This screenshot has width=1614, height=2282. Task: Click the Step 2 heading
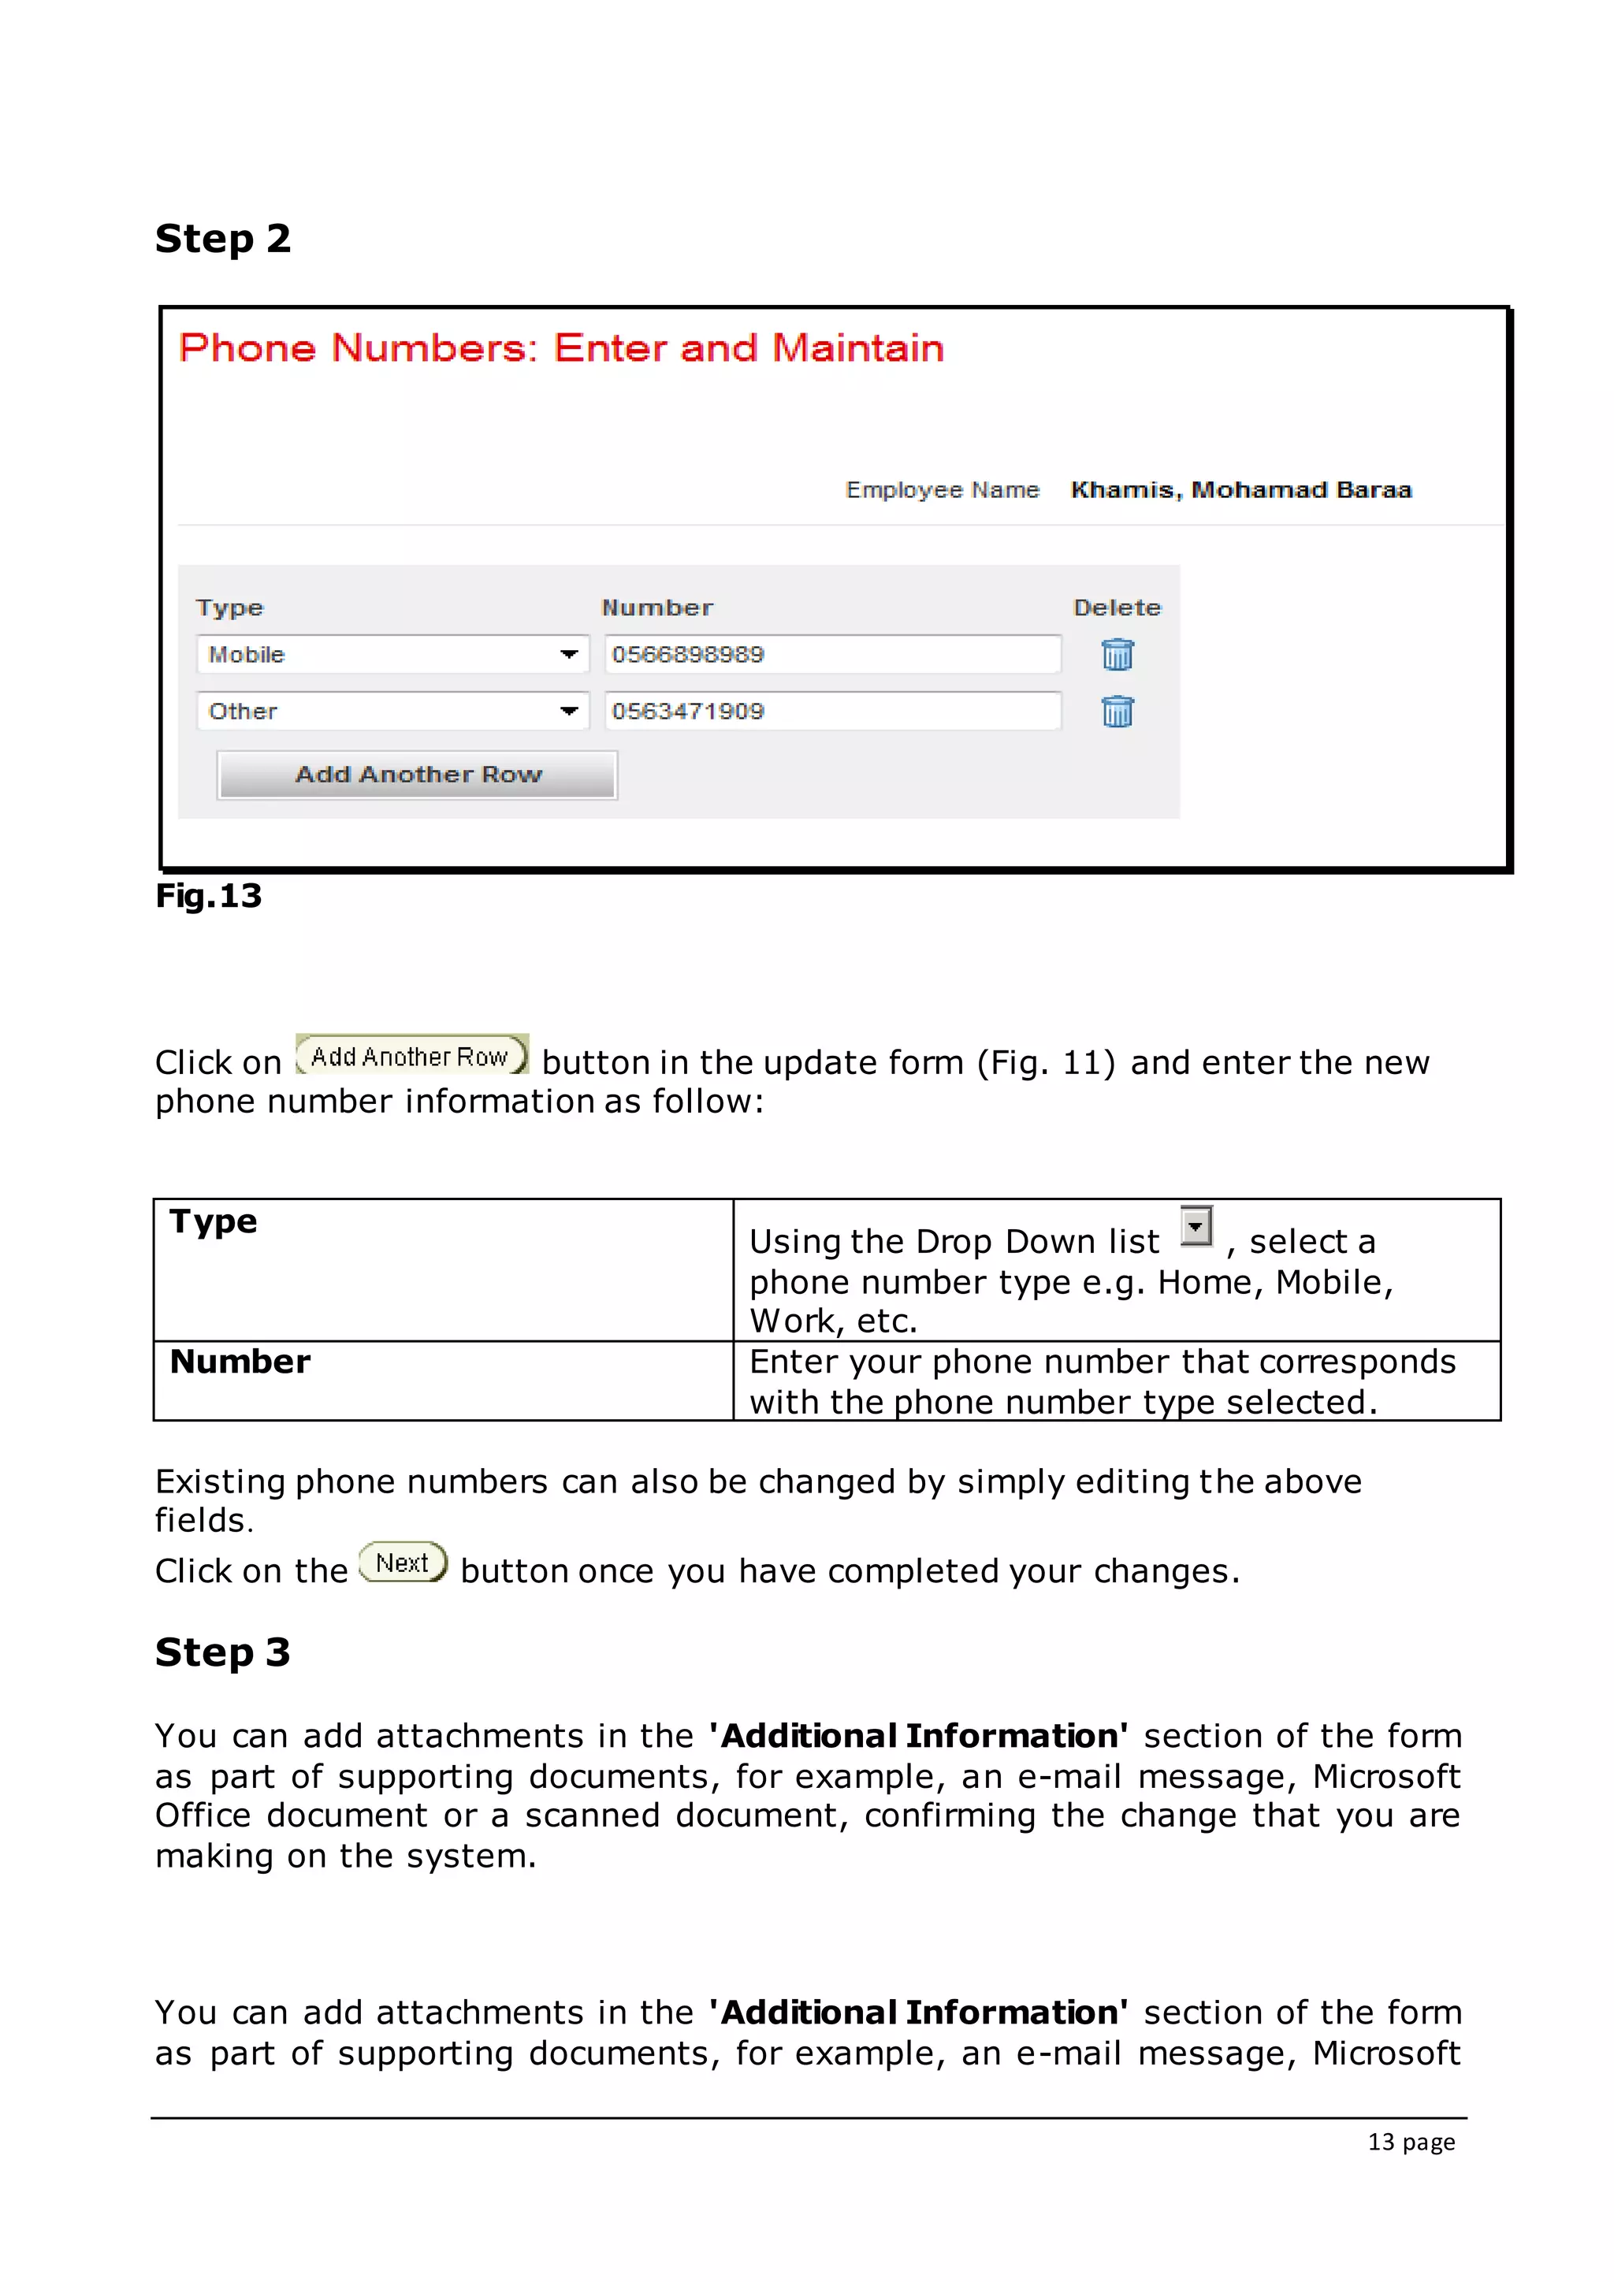coord(222,239)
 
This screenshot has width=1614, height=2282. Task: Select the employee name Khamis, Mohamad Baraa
coord(1240,490)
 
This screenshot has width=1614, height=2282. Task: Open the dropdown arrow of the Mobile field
coord(568,654)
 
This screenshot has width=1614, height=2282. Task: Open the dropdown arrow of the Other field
coord(568,711)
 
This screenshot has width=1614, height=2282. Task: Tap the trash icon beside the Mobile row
coord(1117,654)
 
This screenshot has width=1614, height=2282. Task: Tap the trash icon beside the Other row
coord(1117,712)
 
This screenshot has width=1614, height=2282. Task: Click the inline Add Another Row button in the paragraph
coord(411,1056)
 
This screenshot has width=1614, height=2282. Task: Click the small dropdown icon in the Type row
coord(1196,1226)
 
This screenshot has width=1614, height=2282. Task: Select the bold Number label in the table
coord(240,1361)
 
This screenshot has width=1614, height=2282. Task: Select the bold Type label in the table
coord(214,1221)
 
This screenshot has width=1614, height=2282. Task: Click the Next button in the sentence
coord(403,1563)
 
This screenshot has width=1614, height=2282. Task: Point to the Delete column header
coord(1116,608)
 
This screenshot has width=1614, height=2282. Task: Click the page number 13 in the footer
coord(1381,2142)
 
